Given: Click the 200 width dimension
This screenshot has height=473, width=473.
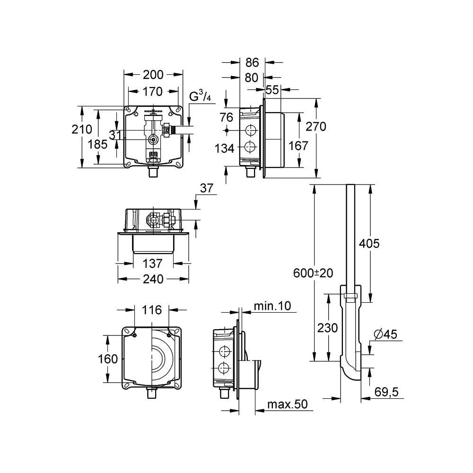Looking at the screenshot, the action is pos(153,75).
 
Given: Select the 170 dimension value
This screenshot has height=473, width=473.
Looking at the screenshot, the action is pos(152,91).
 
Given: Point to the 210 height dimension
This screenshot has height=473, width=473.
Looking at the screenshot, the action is pos(82,129).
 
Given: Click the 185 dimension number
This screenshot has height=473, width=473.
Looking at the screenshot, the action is pos(97,144).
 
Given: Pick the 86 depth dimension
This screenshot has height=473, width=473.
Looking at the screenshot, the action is pos(252,62).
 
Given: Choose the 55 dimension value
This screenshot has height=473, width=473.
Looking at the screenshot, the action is pos(272,89).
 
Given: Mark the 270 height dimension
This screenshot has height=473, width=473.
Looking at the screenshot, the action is pos(316,126).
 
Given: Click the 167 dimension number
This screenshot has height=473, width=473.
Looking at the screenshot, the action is pos(298,146).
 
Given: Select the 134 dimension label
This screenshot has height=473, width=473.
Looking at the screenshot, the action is pos(224,149).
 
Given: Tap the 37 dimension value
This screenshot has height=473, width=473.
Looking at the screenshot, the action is pos(207,189).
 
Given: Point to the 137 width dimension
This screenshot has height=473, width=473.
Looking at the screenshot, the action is pos(152,263).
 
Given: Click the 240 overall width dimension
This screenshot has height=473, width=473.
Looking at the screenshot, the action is pos(153,279).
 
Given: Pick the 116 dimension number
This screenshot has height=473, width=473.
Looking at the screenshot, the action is pos(151,310).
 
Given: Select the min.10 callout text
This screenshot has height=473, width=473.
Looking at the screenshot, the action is pos(273,306).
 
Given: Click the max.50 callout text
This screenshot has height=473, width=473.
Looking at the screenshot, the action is pos(288,404).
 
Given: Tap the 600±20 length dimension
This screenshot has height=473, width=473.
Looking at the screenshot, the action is pos(313,273).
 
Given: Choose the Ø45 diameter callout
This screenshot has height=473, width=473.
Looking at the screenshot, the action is pos(385,334).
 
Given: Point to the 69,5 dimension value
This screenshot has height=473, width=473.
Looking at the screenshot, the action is pos(386,392).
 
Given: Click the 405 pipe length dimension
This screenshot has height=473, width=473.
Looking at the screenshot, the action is pos(369,244).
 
